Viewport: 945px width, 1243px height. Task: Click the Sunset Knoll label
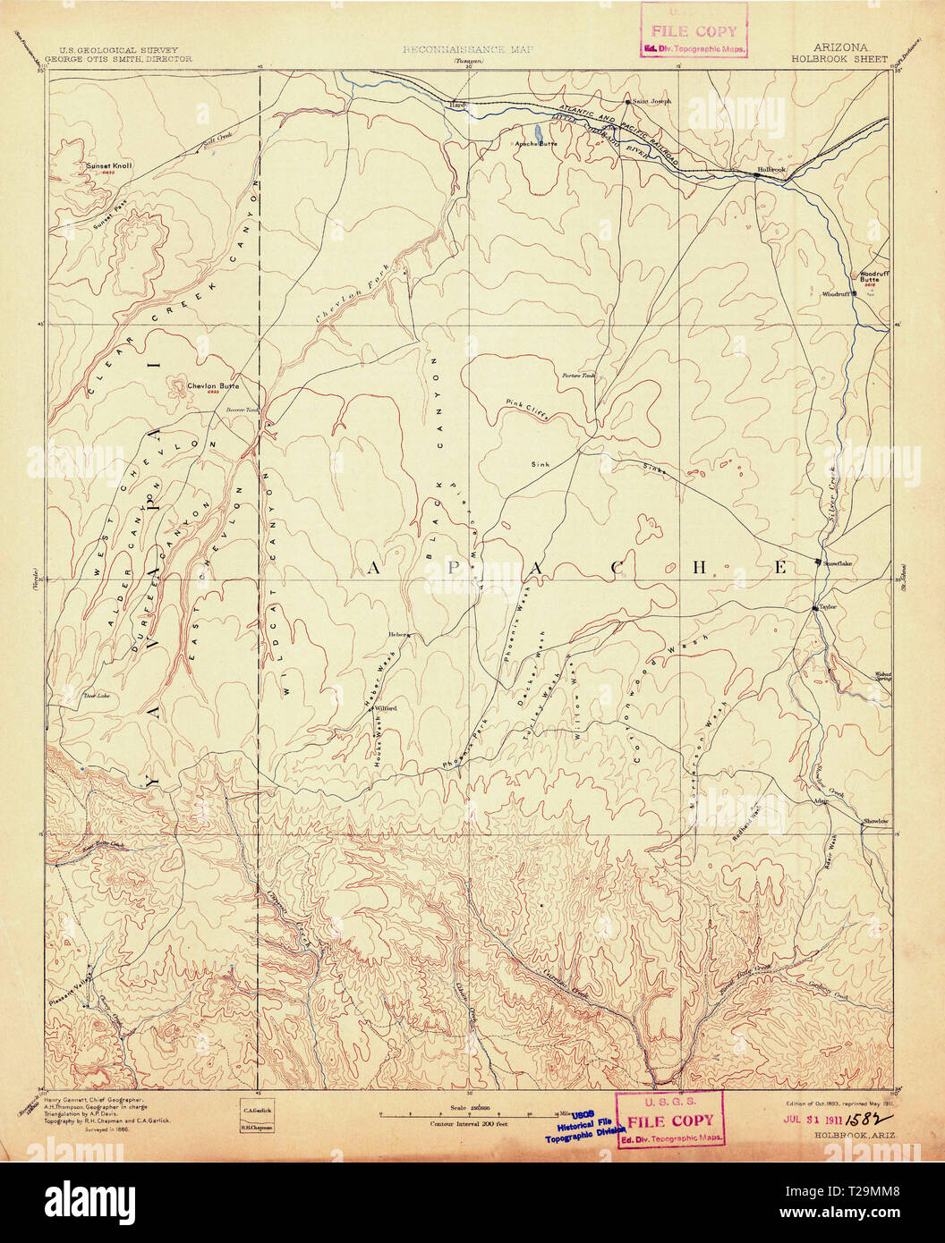[109, 166]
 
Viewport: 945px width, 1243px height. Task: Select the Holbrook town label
[770, 169]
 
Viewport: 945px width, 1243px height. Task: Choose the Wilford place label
[385, 707]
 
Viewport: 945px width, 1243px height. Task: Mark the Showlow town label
[875, 820]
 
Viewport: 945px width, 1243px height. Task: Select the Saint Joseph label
[651, 100]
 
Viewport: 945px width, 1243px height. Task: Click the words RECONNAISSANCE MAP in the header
[455, 52]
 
